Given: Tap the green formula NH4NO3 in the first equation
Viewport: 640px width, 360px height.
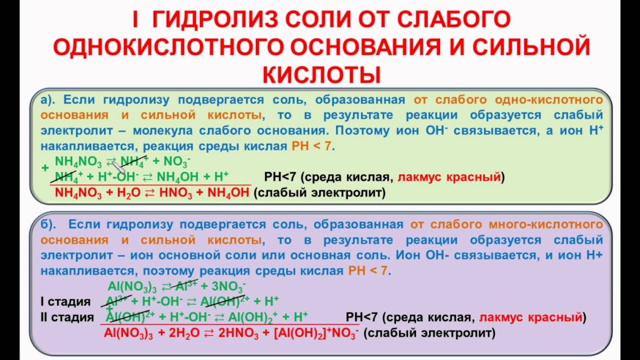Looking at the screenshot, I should pos(78,162).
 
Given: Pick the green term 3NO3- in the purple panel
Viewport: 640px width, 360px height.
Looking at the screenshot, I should pos(228,286).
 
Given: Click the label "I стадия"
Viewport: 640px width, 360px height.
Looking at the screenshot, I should pos(65,302).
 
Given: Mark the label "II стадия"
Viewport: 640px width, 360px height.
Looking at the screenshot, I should pos(66,317).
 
